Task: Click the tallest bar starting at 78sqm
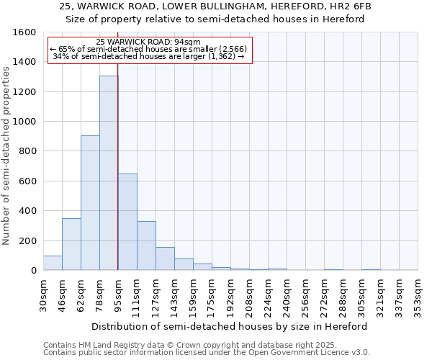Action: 109,173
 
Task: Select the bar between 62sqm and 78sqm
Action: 90,203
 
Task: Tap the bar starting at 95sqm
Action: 127,222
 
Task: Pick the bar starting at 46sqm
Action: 71,244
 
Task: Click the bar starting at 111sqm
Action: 146,246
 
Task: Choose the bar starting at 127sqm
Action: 165,258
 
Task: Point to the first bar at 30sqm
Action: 53,263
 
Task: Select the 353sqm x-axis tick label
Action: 418,295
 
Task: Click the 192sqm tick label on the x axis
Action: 230,295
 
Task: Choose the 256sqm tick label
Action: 305,295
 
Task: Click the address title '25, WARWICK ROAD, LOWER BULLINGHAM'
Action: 215,6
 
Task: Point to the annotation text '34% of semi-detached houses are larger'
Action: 150,56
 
